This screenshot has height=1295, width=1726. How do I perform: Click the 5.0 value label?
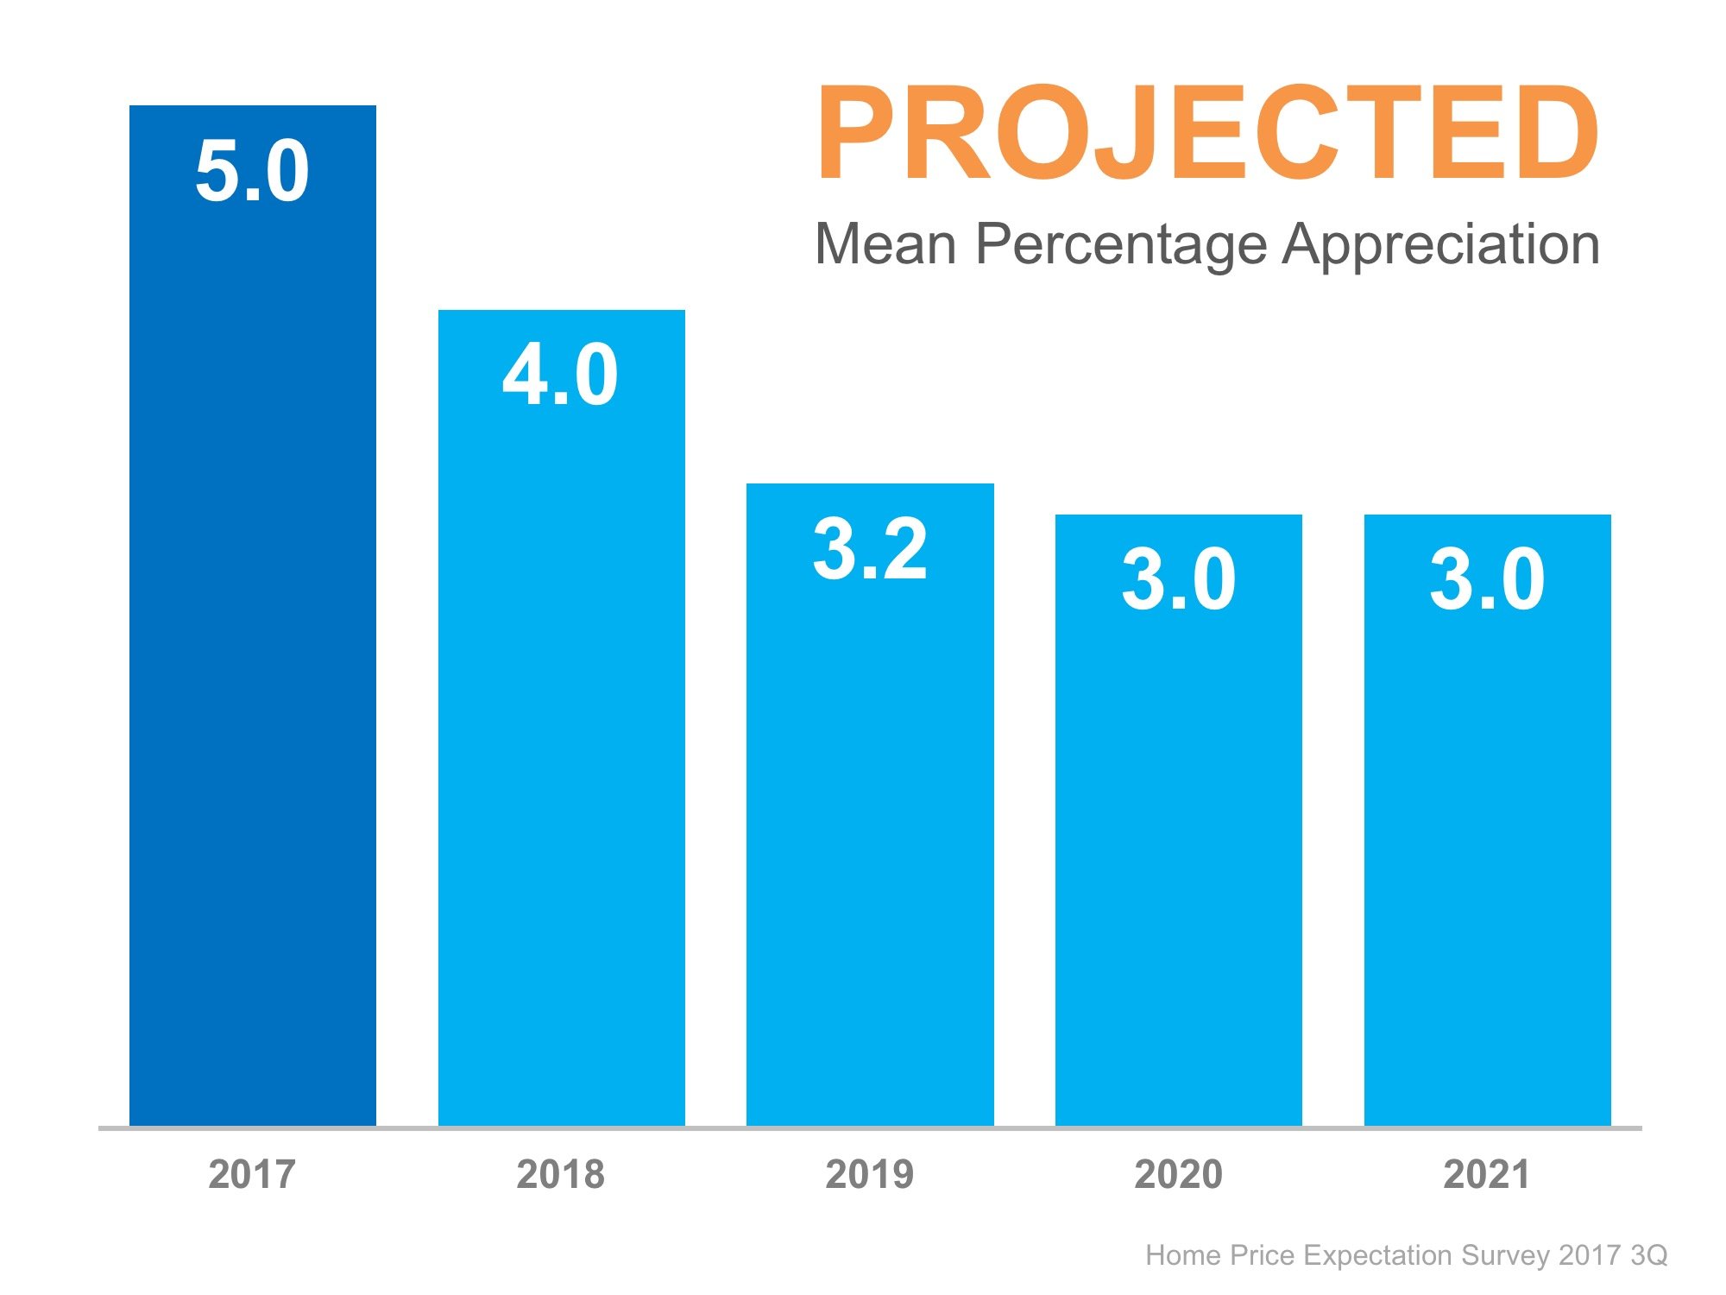click(x=252, y=171)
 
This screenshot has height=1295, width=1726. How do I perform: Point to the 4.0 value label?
click(x=560, y=375)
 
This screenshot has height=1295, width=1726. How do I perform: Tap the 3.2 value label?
click(x=870, y=549)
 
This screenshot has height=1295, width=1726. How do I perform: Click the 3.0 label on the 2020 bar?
click(x=1179, y=579)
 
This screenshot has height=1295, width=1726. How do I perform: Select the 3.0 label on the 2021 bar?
click(x=1487, y=579)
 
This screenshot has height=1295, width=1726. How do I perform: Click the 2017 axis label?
click(x=252, y=1174)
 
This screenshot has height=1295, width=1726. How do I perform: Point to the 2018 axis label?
click(x=561, y=1174)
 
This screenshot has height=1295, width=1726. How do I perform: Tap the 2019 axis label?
click(x=870, y=1174)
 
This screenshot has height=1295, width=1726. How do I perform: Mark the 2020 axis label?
click(x=1179, y=1174)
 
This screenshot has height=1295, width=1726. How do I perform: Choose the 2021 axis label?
click(x=1487, y=1174)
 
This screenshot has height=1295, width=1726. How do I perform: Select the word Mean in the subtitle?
click(x=885, y=244)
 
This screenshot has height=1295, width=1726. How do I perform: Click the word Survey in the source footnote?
click(x=1507, y=1255)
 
